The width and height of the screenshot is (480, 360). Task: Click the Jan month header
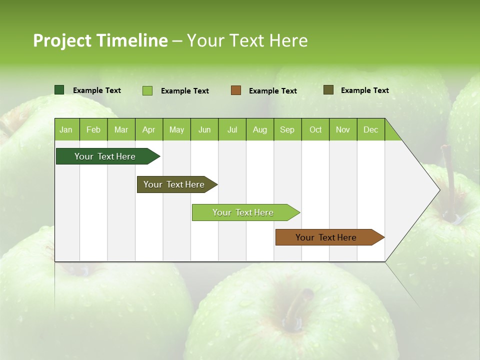click(66, 129)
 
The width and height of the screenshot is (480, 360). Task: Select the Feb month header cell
click(93, 129)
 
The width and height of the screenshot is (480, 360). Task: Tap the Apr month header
click(148, 129)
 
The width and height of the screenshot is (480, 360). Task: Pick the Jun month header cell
click(204, 129)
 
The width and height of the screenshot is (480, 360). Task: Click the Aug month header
click(259, 129)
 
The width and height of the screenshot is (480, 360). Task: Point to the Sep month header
click(287, 129)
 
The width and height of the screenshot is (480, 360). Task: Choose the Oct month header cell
click(315, 129)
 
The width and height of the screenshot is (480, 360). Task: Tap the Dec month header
click(370, 129)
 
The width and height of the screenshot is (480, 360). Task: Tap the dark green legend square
click(59, 90)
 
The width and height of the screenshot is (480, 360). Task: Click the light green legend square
click(147, 90)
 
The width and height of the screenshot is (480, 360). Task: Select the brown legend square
click(236, 90)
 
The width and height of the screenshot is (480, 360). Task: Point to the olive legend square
click(328, 90)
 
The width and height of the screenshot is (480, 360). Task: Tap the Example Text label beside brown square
click(272, 91)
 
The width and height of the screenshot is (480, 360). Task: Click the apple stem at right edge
click(449, 180)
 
